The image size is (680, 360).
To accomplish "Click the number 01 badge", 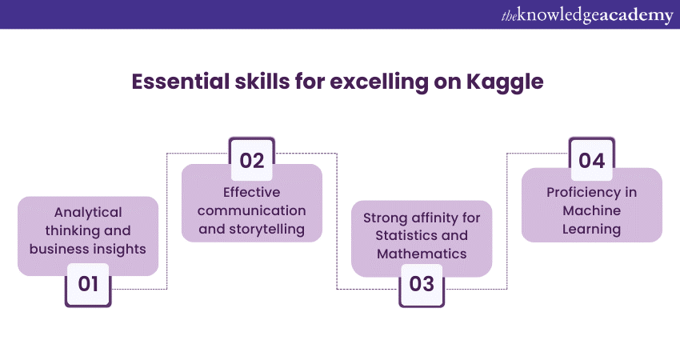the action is [88, 285].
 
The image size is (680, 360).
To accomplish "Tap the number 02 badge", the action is [252, 159].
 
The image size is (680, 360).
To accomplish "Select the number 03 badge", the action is [422, 285].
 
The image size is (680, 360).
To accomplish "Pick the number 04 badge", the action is [591, 159].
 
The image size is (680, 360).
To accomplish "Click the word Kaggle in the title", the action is [505, 82].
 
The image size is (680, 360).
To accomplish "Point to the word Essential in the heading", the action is [181, 81].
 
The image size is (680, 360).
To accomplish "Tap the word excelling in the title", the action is [378, 82].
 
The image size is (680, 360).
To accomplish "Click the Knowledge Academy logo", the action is [587, 15].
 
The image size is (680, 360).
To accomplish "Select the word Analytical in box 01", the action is [88, 212].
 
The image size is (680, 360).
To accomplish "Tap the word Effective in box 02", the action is [251, 192].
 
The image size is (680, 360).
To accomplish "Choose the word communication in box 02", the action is [251, 210].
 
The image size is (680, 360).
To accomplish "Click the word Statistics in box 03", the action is [399, 235].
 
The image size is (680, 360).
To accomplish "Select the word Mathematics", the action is [422, 254].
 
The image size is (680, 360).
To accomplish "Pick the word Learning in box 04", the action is [591, 230].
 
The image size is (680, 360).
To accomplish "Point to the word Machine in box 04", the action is [591, 210].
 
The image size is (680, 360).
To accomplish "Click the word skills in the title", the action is [262, 81].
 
